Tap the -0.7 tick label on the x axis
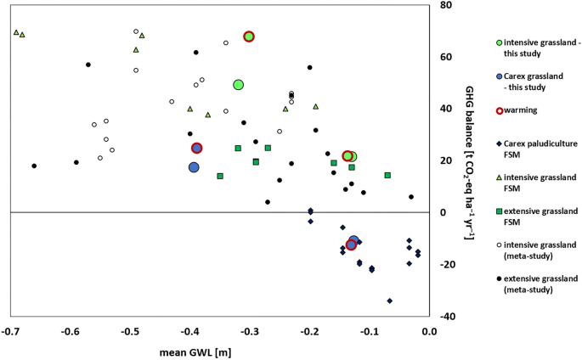point(10,330)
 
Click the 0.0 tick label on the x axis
point(428,330)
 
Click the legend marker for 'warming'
point(499,110)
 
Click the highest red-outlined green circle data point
point(249,37)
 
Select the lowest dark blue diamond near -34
point(389,301)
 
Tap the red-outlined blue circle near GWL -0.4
point(196,148)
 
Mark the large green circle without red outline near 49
point(239,85)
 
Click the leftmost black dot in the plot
point(34,166)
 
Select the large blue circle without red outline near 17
point(194,167)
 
